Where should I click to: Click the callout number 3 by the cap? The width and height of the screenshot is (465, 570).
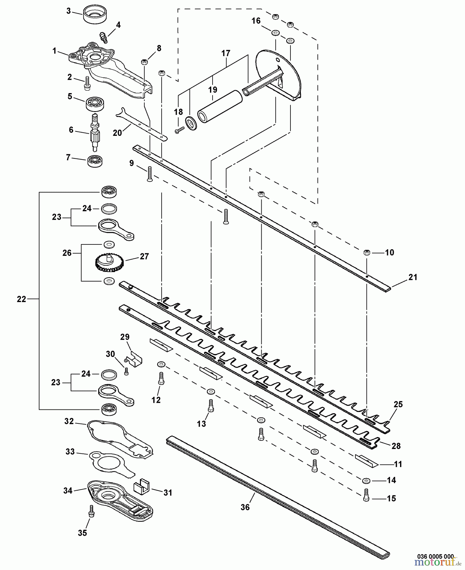point(68,11)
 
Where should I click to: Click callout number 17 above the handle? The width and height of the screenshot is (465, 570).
point(226,53)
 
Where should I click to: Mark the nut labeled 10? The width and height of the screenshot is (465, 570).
point(366,252)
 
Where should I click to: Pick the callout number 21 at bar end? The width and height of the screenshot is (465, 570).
point(412,277)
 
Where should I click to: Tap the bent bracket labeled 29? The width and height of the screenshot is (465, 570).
point(135,358)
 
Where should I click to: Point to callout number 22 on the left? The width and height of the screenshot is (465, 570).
point(21,299)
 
